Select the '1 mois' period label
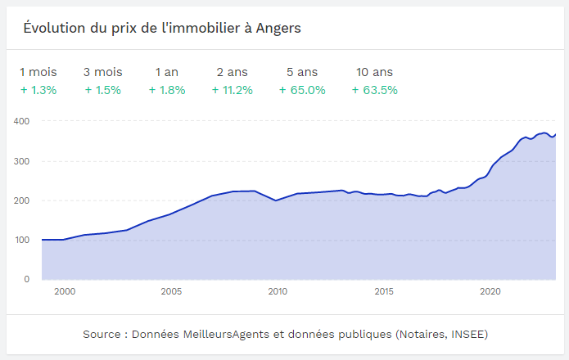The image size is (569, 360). (38, 72)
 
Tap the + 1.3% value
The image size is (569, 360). (38, 90)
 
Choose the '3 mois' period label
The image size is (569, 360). (103, 72)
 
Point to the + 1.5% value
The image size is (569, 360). (103, 90)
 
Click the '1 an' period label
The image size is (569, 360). (167, 72)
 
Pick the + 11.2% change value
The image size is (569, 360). (233, 90)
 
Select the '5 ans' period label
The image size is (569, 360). (302, 72)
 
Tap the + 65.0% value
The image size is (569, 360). (302, 90)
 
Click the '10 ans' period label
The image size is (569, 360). (375, 72)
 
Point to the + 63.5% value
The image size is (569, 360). (375, 90)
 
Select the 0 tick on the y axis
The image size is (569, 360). (26, 279)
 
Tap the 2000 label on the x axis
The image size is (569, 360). (65, 291)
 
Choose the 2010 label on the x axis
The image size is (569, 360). (278, 291)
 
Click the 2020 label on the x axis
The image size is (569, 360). (490, 291)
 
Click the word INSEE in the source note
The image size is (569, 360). (467, 335)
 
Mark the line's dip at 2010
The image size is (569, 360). (277, 200)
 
